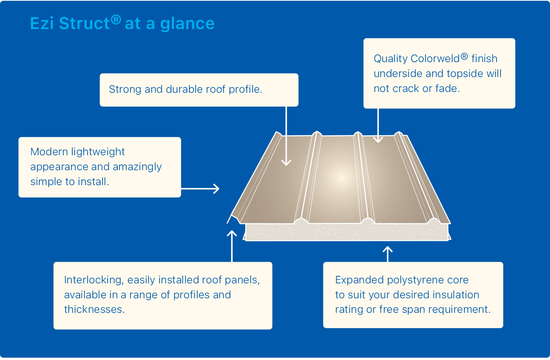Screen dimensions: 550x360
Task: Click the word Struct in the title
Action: tap(84, 24)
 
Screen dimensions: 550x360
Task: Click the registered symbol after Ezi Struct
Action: tap(116, 20)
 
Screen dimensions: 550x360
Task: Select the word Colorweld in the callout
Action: tap(435, 59)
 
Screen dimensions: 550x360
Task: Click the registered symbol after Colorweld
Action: tap(464, 57)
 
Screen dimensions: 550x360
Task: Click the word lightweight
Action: tap(98, 152)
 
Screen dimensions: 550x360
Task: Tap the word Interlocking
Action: tap(94, 280)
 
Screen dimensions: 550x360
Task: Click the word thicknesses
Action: tap(95, 309)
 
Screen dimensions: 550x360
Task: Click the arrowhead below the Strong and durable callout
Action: tap(286, 163)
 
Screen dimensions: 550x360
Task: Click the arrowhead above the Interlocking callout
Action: tap(232, 233)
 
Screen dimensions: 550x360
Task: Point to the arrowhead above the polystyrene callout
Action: tap(388, 249)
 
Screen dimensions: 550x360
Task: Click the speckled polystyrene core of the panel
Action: tap(346, 232)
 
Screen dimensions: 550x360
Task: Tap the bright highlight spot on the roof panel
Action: tap(341, 178)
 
